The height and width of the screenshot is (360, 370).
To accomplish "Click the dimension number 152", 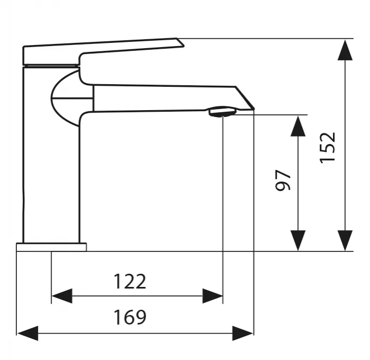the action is (328, 148).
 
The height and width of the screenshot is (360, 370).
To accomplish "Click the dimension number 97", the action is (283, 180).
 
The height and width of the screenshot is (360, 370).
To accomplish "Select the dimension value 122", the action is (130, 282).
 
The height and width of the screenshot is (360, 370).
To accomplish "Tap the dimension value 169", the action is (130, 317).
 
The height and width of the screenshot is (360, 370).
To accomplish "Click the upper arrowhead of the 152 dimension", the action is (345, 50).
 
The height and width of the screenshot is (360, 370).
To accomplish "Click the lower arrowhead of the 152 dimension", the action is (345, 240).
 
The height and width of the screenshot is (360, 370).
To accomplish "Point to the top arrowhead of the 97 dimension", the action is (298, 126).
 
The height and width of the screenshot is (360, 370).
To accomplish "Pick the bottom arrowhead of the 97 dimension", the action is (298, 240).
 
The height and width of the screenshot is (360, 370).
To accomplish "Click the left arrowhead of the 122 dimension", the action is (62, 296).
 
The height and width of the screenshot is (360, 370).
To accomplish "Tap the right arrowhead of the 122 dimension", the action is (212, 296).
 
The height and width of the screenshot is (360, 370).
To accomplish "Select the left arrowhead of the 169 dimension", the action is (28, 334).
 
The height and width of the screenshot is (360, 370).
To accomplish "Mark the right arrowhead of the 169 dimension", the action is (242, 334).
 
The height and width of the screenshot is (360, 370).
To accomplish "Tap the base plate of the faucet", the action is (51, 247).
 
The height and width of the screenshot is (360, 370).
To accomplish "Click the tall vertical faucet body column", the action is (51, 155).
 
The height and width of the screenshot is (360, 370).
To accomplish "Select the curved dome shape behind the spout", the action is (65, 98).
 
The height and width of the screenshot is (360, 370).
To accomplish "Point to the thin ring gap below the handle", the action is (51, 66).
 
